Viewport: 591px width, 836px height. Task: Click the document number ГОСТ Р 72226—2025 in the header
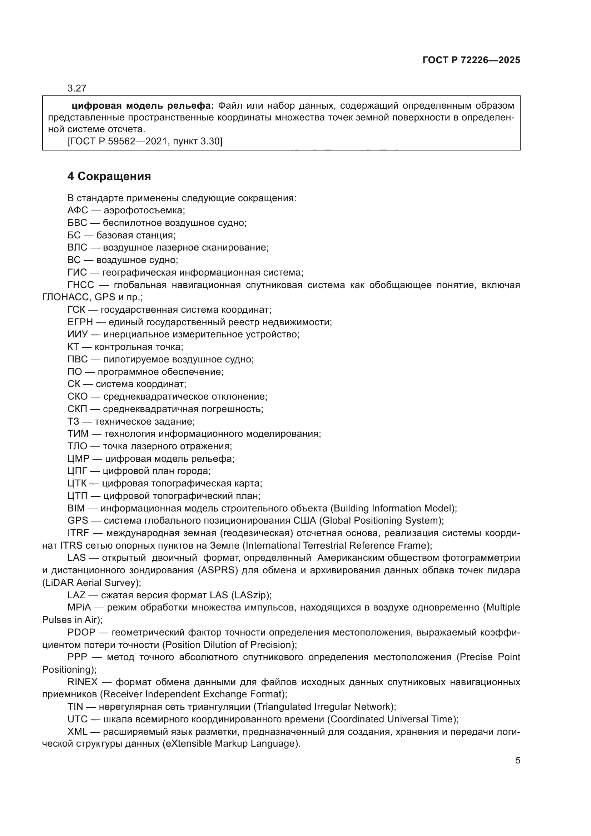(471, 60)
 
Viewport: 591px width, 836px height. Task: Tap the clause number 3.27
(77, 88)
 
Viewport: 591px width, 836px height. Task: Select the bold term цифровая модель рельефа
(143, 106)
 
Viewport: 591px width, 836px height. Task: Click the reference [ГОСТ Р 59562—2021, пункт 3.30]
(145, 141)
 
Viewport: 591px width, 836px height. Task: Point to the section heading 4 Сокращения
(109, 177)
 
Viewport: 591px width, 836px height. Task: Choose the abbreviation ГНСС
(80, 285)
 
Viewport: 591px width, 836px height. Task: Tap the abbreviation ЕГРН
(80, 322)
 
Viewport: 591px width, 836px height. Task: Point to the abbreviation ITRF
(78, 533)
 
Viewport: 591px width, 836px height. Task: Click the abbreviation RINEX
(82, 682)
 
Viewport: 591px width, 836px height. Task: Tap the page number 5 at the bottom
(518, 761)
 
